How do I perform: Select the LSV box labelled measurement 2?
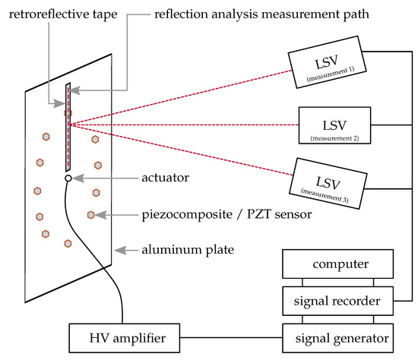click(335, 125)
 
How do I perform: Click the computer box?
click(338, 264)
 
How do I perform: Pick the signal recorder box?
click(338, 302)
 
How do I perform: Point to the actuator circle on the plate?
click(68, 178)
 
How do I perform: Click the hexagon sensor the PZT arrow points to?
click(91, 215)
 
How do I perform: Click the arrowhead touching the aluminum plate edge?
click(117, 249)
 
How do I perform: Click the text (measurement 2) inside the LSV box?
click(335, 137)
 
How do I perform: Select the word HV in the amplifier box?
click(88, 335)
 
